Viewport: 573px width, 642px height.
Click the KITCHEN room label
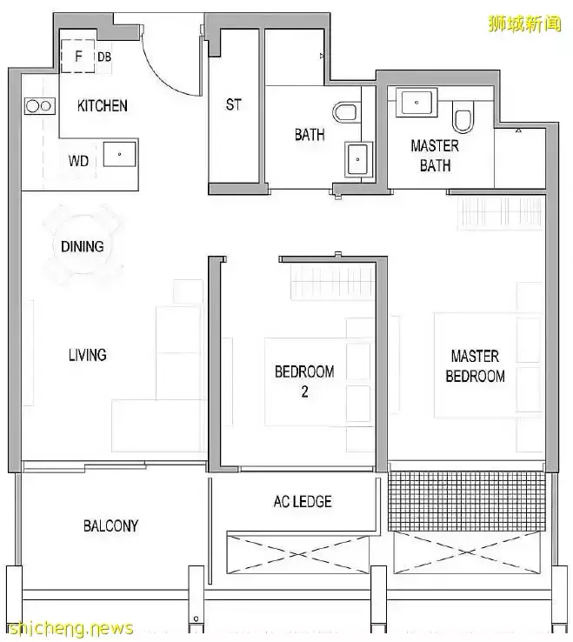coord(103,105)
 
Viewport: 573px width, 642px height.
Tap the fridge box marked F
coord(77,56)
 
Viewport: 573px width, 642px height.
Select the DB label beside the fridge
coord(104,57)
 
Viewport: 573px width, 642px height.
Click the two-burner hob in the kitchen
coord(39,106)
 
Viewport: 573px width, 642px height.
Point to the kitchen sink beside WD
coord(119,154)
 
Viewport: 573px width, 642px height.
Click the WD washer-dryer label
coord(78,160)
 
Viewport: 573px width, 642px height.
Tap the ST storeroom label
coord(234,104)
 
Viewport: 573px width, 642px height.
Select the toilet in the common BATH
coord(345,112)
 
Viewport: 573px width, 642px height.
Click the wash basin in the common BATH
coord(358,159)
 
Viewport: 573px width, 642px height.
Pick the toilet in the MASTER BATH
coord(463,117)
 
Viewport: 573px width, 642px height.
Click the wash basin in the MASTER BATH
coord(416,103)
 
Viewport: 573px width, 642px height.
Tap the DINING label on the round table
coord(83,246)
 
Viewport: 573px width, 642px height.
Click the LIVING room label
coord(88,355)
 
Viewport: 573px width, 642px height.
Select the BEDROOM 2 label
coord(304,382)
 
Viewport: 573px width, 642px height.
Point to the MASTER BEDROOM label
coord(475,366)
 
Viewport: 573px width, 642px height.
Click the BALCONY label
coord(111,525)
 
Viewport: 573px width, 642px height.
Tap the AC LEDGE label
coord(303,502)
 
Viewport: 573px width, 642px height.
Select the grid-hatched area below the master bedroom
coord(467,501)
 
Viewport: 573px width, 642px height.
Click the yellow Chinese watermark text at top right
coord(524,23)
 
